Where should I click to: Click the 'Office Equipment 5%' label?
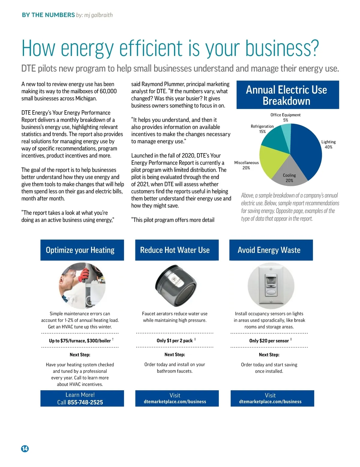point(285,117)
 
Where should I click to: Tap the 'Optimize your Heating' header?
point(80,250)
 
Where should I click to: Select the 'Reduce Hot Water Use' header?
point(175,250)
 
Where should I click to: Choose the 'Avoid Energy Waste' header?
point(269,250)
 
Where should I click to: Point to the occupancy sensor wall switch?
point(271,285)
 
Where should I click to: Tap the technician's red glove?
point(85,273)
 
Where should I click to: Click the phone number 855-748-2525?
point(85,402)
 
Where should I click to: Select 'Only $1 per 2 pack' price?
point(175,341)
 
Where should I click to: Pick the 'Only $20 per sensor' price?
point(269,341)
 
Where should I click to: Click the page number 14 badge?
point(25,448)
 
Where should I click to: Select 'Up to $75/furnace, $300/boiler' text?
point(80,341)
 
